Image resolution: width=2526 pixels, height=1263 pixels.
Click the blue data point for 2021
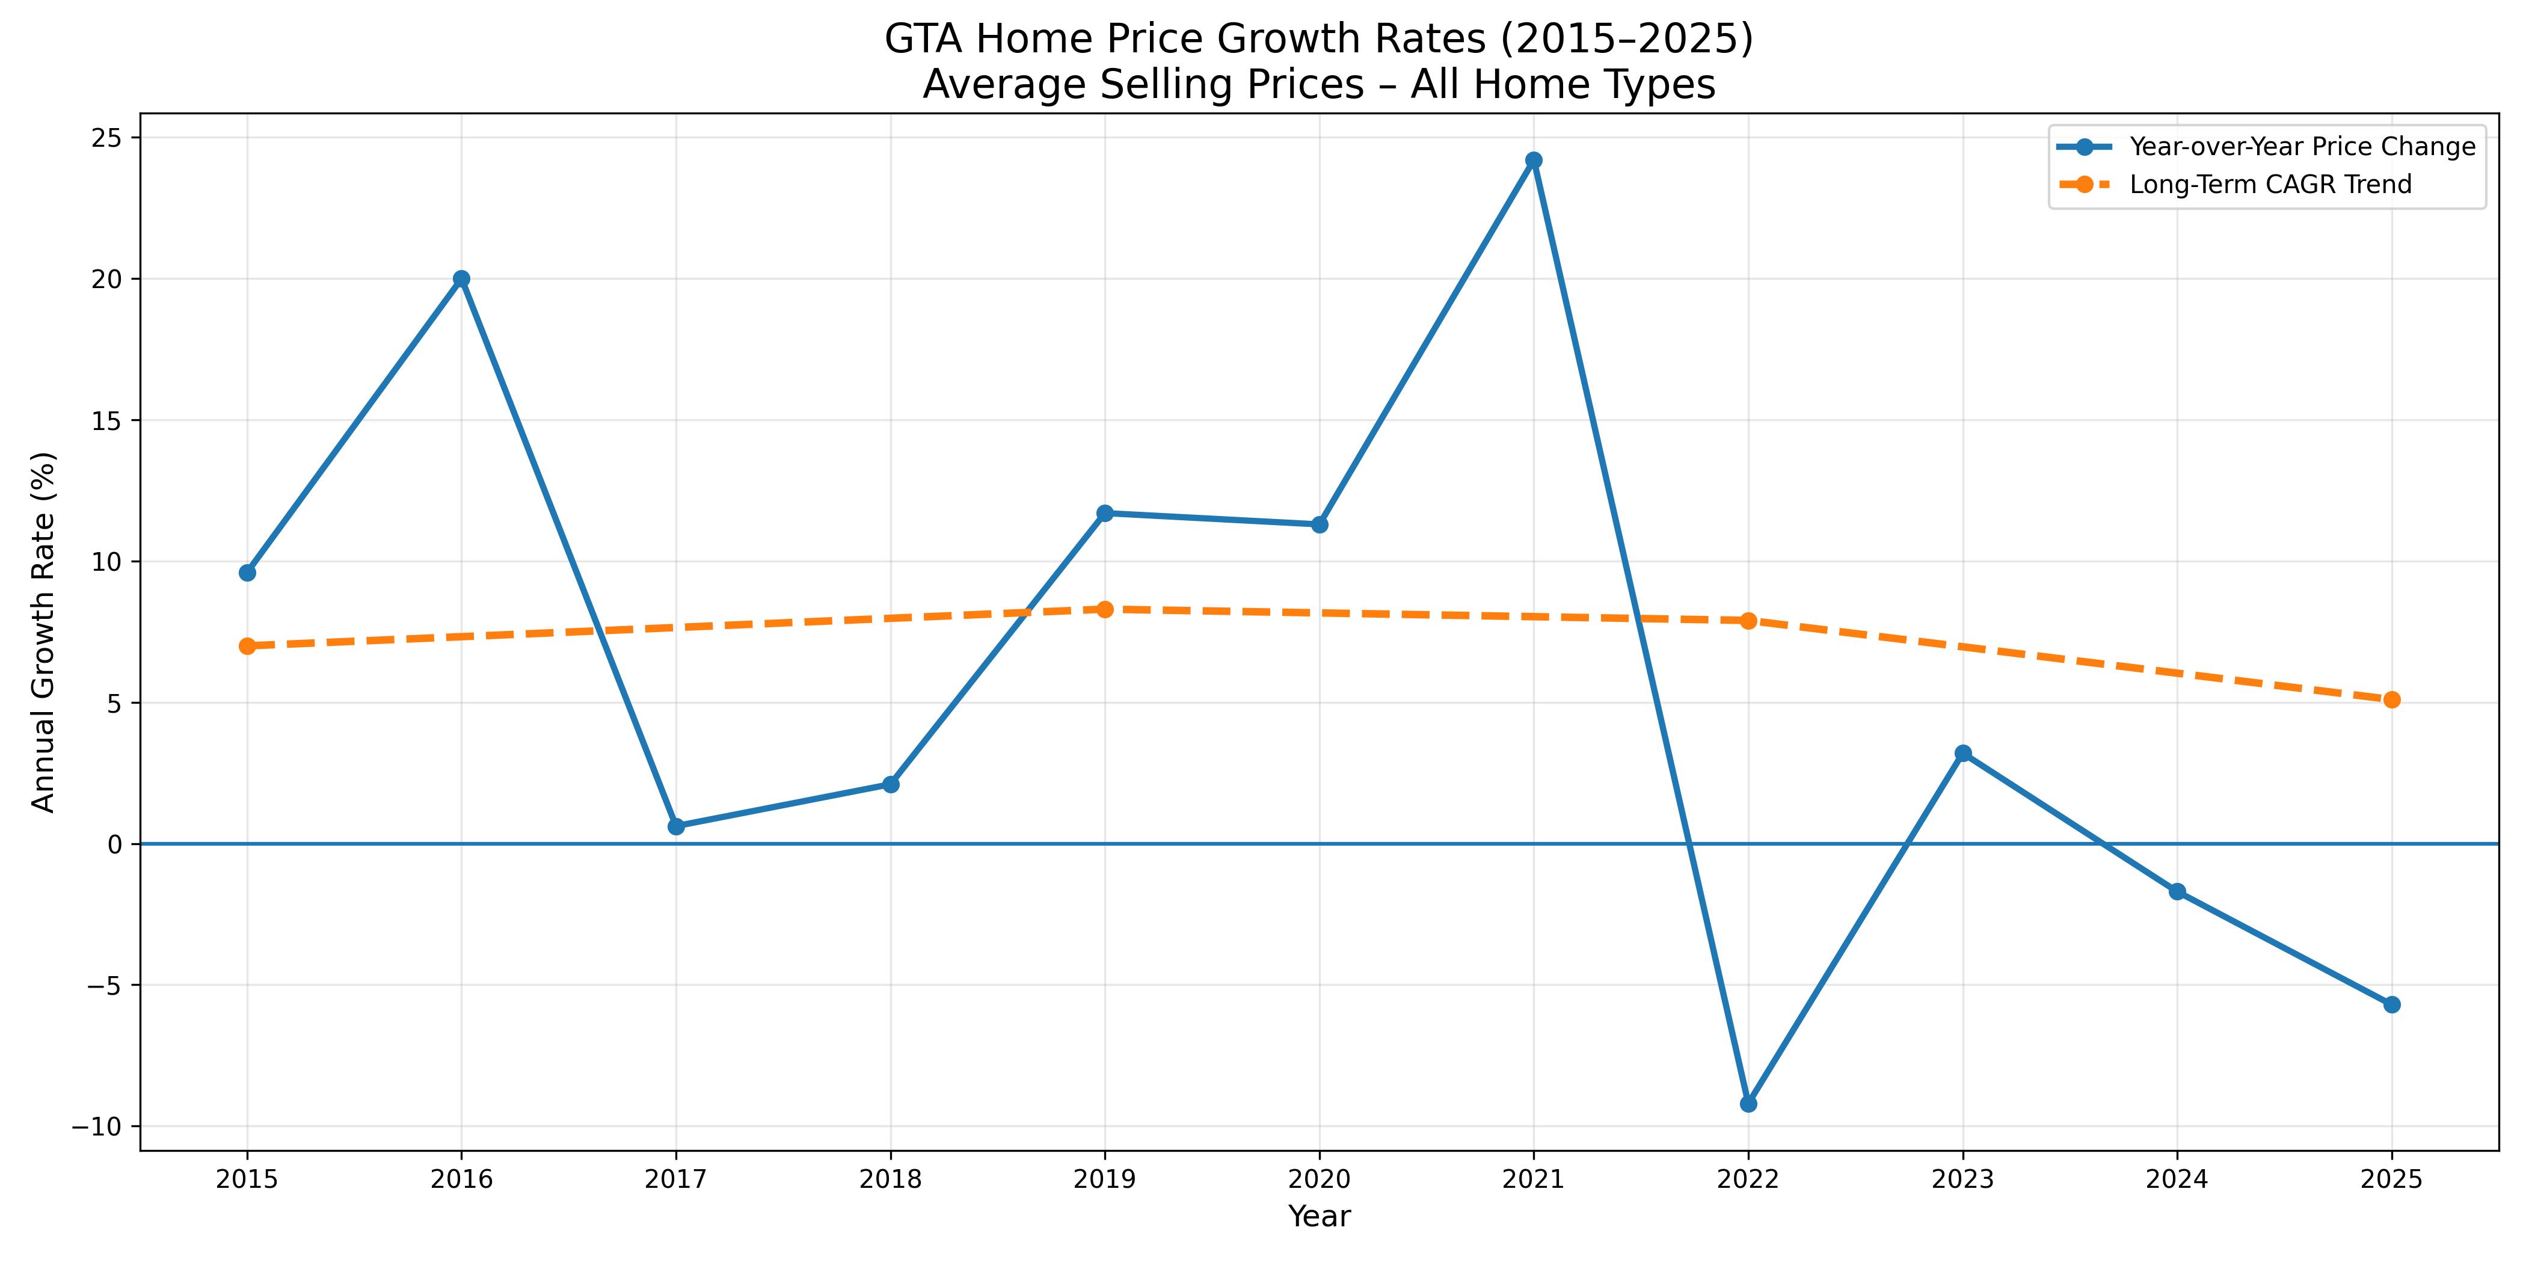(1534, 160)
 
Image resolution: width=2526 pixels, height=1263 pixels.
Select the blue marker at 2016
(461, 278)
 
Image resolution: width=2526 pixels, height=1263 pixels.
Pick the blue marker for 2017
(675, 826)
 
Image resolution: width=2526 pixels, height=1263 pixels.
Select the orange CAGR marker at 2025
(2392, 699)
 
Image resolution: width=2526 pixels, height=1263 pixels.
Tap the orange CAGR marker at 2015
(247, 645)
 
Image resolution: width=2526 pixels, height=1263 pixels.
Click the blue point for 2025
(2392, 1004)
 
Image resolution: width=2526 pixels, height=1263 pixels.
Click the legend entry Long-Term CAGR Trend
(2270, 185)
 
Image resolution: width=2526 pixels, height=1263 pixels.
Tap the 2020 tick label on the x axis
(1319, 1179)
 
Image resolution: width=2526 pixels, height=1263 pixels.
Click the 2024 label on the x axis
(2177, 1179)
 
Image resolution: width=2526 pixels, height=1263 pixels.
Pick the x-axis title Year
(1319, 1217)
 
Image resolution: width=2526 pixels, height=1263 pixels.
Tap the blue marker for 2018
(890, 784)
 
